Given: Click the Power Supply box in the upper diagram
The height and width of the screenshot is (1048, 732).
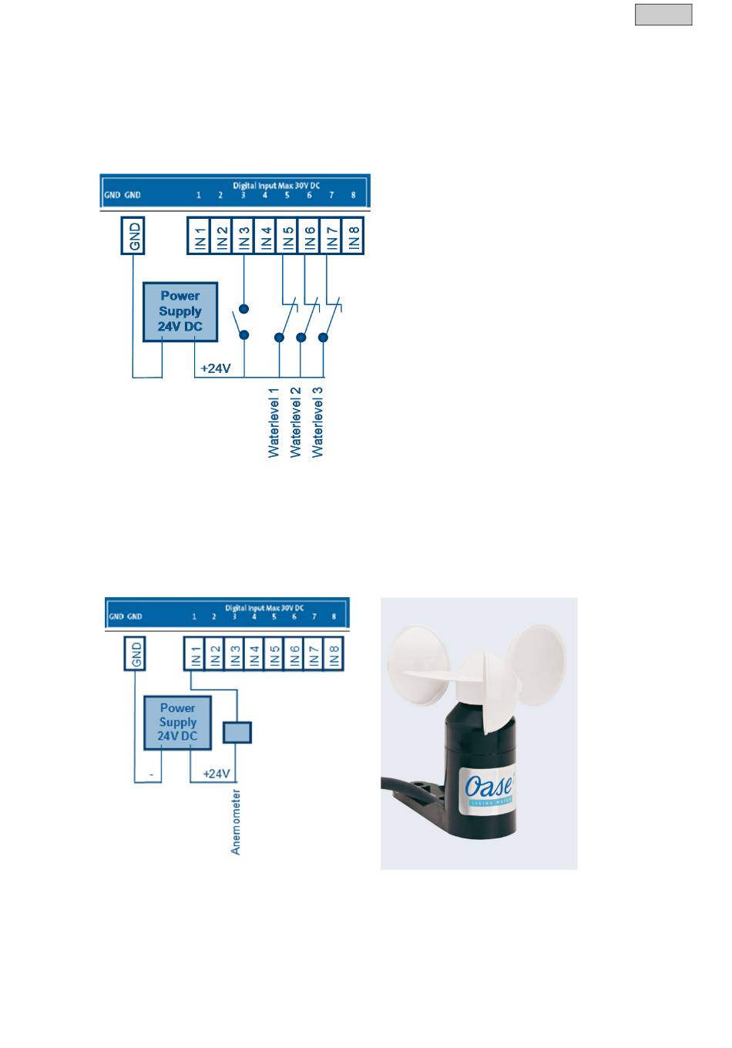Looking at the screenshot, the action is pyautogui.click(x=180, y=312).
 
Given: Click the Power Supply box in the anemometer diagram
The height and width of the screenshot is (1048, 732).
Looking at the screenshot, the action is pyautogui.click(x=178, y=722).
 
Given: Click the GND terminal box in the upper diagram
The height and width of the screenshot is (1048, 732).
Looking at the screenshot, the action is pyautogui.click(x=134, y=235).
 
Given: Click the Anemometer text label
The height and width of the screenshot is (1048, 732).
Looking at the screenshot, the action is pyautogui.click(x=237, y=821).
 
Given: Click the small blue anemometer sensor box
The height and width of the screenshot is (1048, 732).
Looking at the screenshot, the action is pyautogui.click(x=237, y=732).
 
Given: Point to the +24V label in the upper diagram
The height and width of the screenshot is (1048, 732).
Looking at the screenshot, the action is pyautogui.click(x=216, y=369).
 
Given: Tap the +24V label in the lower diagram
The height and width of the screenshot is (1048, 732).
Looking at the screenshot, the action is pyautogui.click(x=217, y=773).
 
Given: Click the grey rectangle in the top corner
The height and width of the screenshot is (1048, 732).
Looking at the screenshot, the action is pyautogui.click(x=663, y=15).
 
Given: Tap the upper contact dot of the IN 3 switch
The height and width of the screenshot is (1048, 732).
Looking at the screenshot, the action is pyautogui.click(x=244, y=310).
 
